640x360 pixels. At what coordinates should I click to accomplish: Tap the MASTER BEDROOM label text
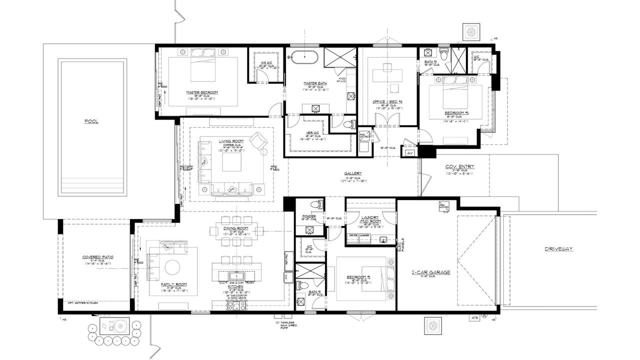pyautogui.click(x=202, y=92)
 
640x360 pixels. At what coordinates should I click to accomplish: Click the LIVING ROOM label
pyautogui.click(x=231, y=141)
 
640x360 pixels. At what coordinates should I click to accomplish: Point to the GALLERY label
pyautogui.click(x=352, y=173)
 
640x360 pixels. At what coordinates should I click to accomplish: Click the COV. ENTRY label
pyautogui.click(x=459, y=166)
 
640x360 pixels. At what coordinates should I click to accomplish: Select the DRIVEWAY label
pyautogui.click(x=558, y=248)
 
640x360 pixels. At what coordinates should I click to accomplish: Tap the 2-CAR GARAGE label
pyautogui.click(x=431, y=272)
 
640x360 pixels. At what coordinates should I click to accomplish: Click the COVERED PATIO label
pyautogui.click(x=98, y=257)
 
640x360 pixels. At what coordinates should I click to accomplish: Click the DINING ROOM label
pyautogui.click(x=236, y=228)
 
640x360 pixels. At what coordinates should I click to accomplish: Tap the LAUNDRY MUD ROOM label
pyautogui.click(x=370, y=219)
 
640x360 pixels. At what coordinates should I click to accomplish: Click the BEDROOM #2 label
pyautogui.click(x=361, y=277)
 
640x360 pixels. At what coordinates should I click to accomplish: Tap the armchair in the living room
pyautogui.click(x=259, y=141)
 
